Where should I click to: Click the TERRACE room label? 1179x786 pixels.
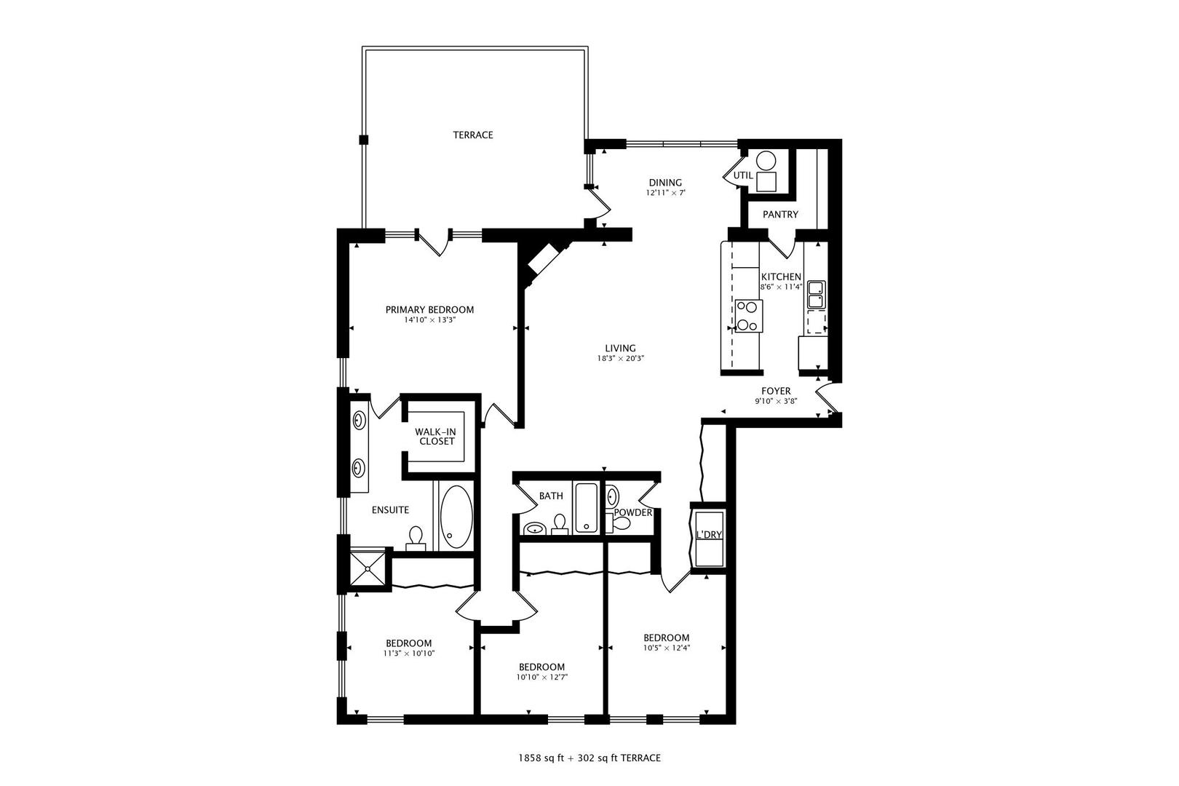472,135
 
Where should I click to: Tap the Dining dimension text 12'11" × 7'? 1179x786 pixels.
665,193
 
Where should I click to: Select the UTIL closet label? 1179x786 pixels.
742,175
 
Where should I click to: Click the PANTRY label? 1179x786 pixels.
780,214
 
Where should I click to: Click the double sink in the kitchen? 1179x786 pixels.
815,294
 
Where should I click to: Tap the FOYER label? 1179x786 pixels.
776,391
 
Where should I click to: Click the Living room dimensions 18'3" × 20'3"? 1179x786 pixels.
620,358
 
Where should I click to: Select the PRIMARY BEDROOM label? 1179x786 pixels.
429,309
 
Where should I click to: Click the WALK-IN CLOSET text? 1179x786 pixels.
437,437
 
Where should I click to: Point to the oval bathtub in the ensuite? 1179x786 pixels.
456,516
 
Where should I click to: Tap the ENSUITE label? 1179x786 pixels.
390,510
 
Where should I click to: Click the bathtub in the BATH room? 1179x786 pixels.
586,509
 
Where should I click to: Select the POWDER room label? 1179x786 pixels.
632,512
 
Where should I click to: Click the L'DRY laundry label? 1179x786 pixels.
708,534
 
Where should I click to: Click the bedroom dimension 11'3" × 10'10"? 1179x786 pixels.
408,654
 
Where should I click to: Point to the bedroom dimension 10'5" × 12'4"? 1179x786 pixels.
666,648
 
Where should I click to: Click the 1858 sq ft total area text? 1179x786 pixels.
543,758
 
